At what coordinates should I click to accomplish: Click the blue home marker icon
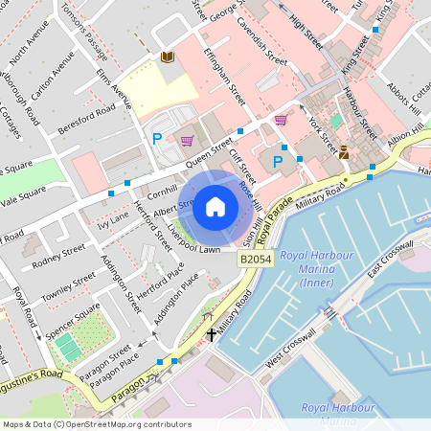(x=215, y=206)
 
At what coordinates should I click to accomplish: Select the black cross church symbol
(x=212, y=334)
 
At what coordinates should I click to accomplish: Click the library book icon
(x=168, y=57)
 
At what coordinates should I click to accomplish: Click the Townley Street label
(x=68, y=281)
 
